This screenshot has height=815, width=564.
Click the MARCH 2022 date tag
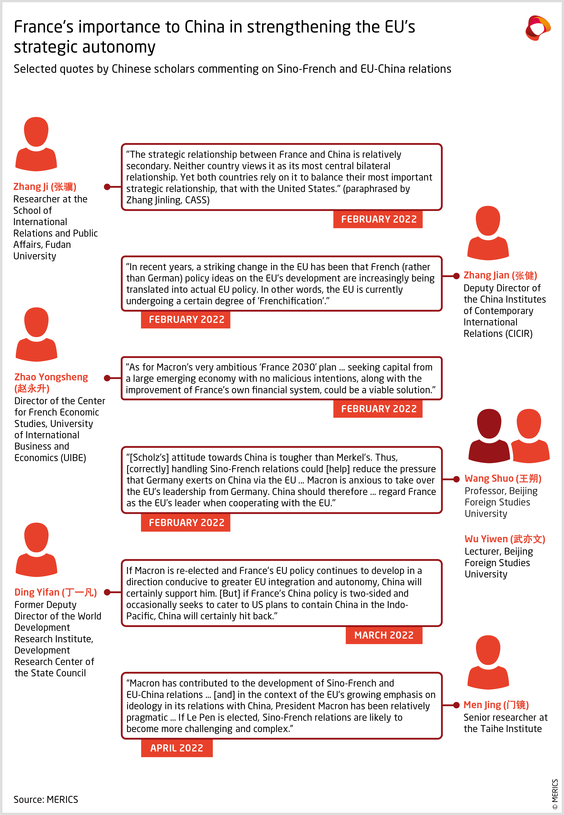click(x=384, y=635)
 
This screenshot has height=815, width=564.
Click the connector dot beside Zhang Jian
click(x=456, y=276)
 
